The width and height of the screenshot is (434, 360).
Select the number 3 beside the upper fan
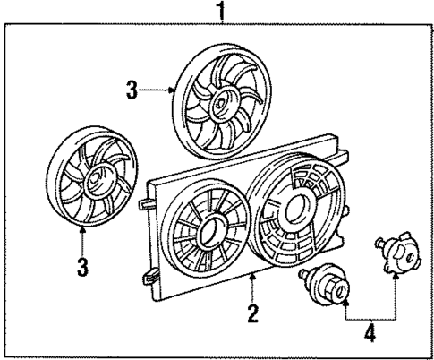click(132, 90)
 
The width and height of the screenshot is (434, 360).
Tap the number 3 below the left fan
click(81, 268)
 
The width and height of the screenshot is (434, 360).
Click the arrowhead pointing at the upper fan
click(174, 90)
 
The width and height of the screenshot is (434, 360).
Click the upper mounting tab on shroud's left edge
click(145, 204)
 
